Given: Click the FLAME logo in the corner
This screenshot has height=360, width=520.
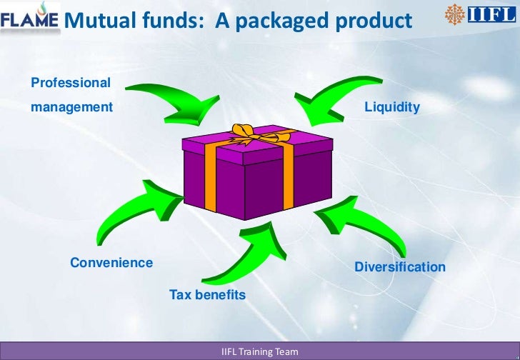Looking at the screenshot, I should click(x=29, y=20).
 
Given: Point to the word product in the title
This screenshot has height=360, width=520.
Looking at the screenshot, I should click(x=371, y=21).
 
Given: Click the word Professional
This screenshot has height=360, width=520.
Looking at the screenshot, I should click(x=71, y=83).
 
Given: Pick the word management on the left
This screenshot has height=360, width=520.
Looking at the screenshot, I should click(x=71, y=107).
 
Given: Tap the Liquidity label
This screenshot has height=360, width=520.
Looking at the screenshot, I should click(x=392, y=107).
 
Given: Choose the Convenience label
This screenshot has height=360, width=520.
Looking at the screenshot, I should click(x=111, y=262).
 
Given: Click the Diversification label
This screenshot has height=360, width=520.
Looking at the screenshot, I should click(x=400, y=267).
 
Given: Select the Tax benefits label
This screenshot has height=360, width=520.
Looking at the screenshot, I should click(x=207, y=294).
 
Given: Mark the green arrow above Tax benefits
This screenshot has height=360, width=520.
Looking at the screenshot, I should click(x=246, y=254).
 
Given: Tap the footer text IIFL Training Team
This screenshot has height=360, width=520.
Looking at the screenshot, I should click(x=260, y=352).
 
